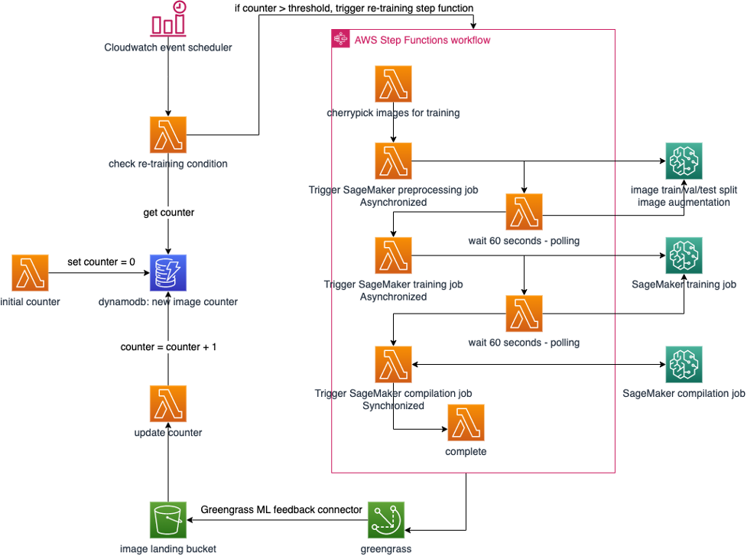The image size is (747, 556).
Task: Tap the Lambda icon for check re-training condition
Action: point(168,135)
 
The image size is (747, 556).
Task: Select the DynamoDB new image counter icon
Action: point(168,273)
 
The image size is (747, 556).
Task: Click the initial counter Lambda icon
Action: point(30,273)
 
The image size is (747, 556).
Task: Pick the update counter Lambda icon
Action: point(168,404)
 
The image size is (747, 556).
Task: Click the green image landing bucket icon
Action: point(168,520)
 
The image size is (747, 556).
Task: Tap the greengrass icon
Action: point(385,520)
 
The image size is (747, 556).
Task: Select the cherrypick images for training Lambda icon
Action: point(393,84)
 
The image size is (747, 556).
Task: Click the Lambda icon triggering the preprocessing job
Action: point(393,161)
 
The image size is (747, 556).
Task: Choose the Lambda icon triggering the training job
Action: point(393,255)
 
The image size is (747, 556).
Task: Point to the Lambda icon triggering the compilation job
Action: point(393,365)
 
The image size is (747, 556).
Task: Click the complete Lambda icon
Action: point(466,423)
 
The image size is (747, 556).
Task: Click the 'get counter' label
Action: point(168,213)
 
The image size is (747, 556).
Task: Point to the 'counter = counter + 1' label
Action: point(169,346)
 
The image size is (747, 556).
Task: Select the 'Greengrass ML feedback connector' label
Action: point(281,509)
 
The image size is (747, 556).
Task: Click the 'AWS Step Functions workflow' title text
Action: point(422,40)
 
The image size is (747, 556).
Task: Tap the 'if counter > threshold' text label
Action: point(354,8)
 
